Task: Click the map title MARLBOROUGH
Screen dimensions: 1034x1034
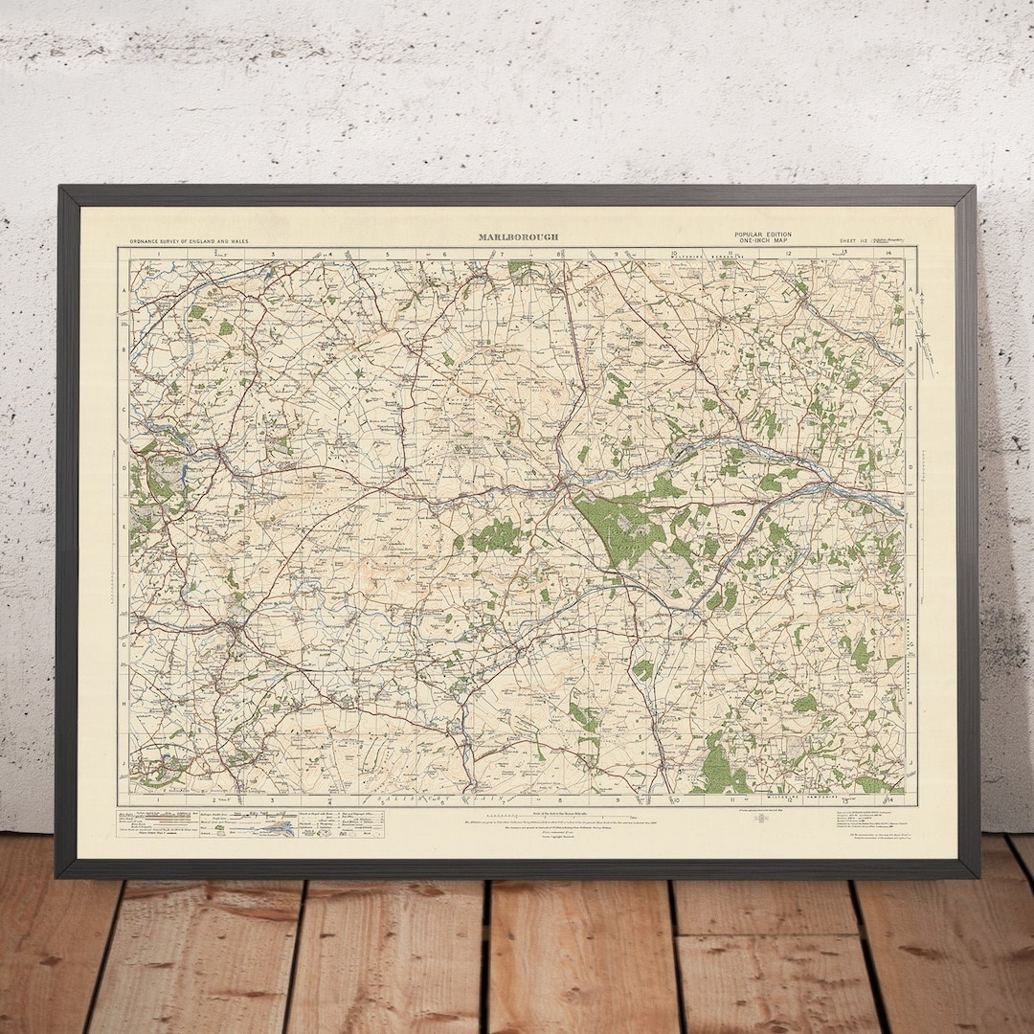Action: (x=519, y=236)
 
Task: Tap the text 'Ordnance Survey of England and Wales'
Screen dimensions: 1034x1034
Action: (x=190, y=241)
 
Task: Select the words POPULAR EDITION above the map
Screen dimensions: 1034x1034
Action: (x=763, y=235)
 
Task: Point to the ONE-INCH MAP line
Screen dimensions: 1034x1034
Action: (x=763, y=241)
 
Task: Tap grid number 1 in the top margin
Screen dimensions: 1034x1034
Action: (x=157, y=254)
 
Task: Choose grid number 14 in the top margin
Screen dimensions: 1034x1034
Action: (x=889, y=254)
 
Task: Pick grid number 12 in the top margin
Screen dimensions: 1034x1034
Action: (x=788, y=254)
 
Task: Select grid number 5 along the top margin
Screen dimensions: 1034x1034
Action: (x=388, y=254)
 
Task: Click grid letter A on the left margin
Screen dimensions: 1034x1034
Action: (x=124, y=290)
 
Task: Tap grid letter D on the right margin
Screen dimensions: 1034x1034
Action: (x=910, y=468)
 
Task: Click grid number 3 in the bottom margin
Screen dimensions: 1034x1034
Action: (x=271, y=798)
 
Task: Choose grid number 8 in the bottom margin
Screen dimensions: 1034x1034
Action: (x=560, y=798)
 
